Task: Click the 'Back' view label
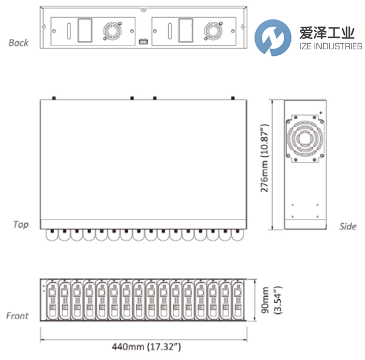click(x=18, y=43)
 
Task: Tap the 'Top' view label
click(x=21, y=224)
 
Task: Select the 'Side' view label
click(x=348, y=226)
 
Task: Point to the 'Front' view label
click(x=18, y=316)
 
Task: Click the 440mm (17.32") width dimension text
click(x=146, y=347)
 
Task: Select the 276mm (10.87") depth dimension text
click(x=264, y=158)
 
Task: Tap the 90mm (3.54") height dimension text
click(x=271, y=300)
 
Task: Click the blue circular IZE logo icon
click(x=273, y=38)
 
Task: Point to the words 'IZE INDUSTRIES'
click(x=331, y=46)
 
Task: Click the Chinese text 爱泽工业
click(x=327, y=33)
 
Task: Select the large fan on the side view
click(x=305, y=139)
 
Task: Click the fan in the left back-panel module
click(x=112, y=31)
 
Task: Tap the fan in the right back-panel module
click(x=213, y=31)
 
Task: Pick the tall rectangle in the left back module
click(x=85, y=30)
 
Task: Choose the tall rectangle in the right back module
click(x=186, y=30)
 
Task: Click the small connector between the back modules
click(x=143, y=42)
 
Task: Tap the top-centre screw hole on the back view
click(x=143, y=10)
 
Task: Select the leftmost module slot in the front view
click(x=52, y=300)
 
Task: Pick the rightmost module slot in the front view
click(x=237, y=300)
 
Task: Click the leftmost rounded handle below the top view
click(x=52, y=235)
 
